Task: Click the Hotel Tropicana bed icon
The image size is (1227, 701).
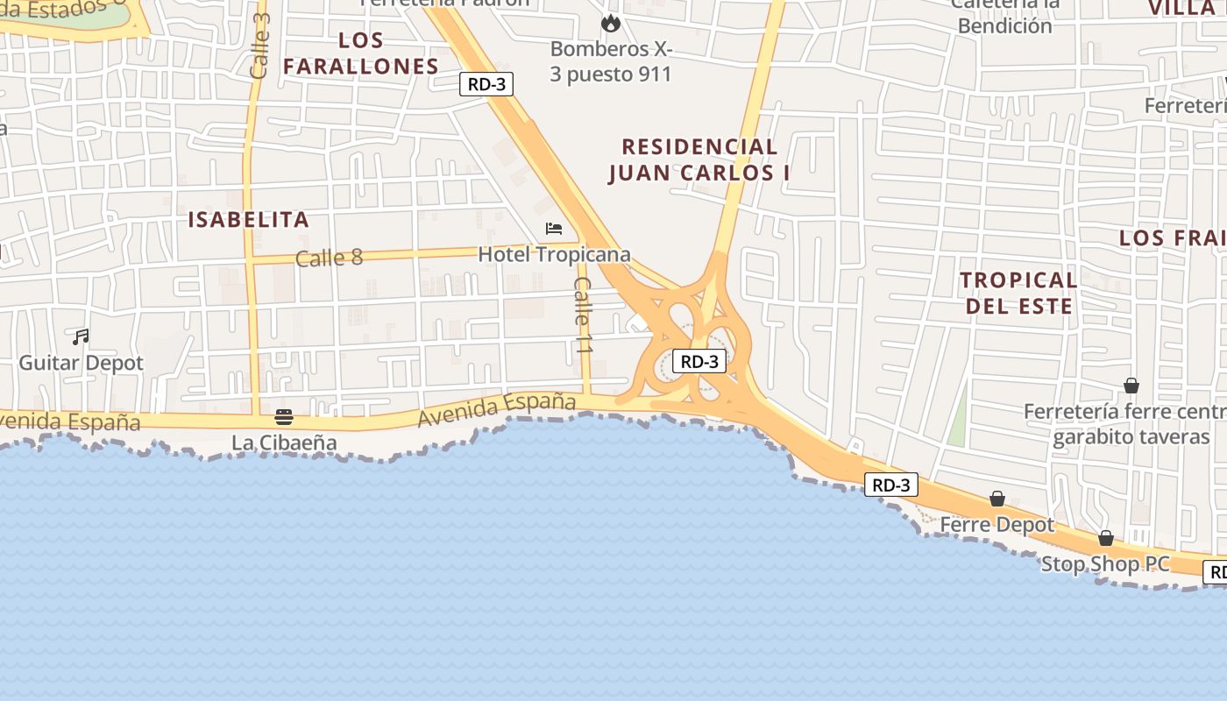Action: (x=553, y=229)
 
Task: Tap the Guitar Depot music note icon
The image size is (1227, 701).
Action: (x=81, y=336)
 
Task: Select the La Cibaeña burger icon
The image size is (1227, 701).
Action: (x=284, y=417)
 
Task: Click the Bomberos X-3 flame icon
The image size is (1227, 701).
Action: (x=611, y=23)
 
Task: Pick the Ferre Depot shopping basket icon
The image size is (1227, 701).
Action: (x=997, y=499)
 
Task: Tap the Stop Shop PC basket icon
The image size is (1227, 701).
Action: (x=1106, y=538)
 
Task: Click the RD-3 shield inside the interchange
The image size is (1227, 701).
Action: (x=699, y=360)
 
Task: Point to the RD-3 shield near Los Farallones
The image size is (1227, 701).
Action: (x=486, y=84)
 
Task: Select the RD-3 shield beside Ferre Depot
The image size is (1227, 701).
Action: (x=891, y=485)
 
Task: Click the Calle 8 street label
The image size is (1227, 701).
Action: (x=329, y=258)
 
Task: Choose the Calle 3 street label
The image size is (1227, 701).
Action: (x=259, y=46)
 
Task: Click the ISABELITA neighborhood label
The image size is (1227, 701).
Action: (x=249, y=220)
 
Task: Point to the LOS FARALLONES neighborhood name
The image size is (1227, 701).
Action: (x=361, y=53)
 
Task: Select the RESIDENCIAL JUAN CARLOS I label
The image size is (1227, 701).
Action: (x=699, y=159)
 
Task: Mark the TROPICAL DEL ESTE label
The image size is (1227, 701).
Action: (x=1018, y=293)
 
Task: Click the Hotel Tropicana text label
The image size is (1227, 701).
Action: (x=554, y=254)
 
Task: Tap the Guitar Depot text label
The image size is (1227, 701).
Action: (x=82, y=362)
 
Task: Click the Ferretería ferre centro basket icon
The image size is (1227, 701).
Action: (x=1131, y=386)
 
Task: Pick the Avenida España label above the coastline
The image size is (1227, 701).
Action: (x=497, y=410)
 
